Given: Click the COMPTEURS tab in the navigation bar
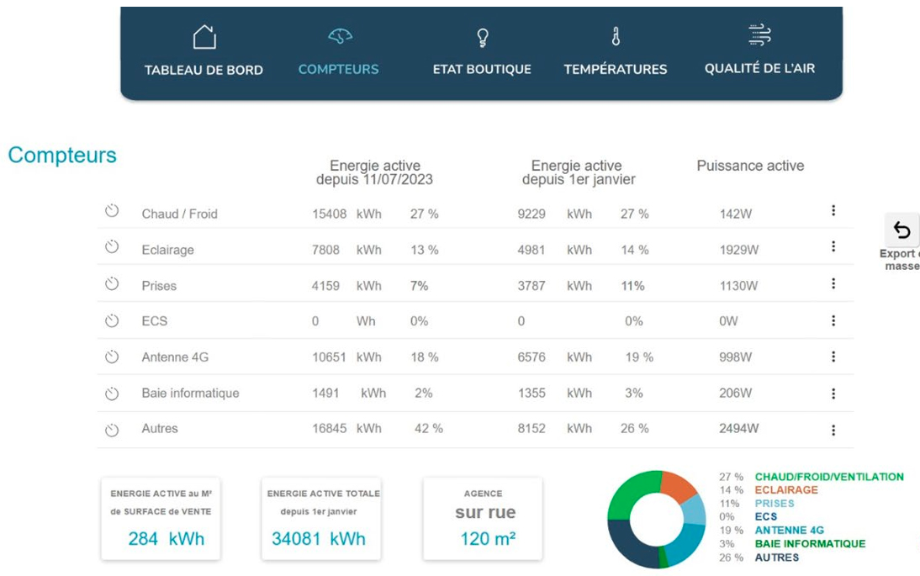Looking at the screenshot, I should [338, 69].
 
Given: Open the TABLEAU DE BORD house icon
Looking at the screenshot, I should [204, 37].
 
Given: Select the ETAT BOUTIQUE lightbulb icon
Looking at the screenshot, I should [482, 37].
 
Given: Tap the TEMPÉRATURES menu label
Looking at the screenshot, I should [616, 69].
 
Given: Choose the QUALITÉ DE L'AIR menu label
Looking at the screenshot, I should [759, 68].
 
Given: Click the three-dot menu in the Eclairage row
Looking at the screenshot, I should [833, 246].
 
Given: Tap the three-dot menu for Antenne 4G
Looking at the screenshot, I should [833, 357].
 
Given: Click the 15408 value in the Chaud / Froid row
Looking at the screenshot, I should [330, 214].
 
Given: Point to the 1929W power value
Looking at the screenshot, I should [739, 250].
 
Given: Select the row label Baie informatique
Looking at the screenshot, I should [190, 393].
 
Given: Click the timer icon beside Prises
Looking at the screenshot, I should [112, 284].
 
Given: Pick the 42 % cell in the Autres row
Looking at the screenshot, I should [429, 428].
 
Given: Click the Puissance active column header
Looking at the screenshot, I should [750, 166].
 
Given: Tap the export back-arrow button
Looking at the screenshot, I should [902, 230].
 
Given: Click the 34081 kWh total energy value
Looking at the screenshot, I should [319, 538].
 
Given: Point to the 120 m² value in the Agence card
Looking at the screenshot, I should [488, 538].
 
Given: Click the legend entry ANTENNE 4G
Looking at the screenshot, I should [789, 531].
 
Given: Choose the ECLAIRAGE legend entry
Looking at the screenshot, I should [786, 490].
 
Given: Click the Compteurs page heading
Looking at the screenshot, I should [62, 156].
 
